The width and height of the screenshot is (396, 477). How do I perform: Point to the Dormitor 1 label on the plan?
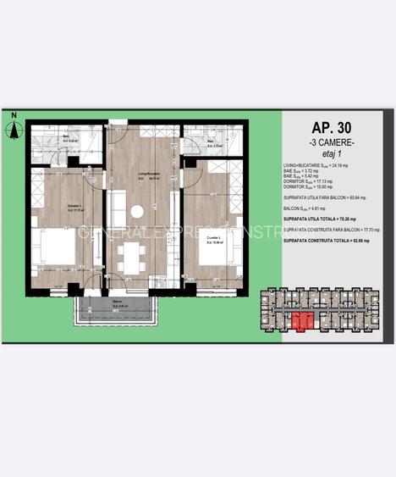click(54, 210)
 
